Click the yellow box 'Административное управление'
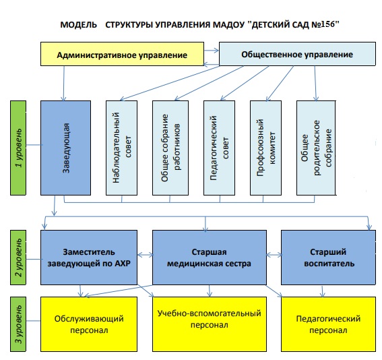pyautogui.click(x=122, y=54)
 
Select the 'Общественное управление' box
pyautogui.click(x=297, y=54)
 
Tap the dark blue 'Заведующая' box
pyautogui.click(x=65, y=148)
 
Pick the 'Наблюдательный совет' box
pyautogui.click(x=121, y=148)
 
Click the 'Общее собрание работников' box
pyautogui.click(x=170, y=148)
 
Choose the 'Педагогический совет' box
pyautogui.click(x=219, y=148)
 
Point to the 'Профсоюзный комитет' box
pyautogui.click(x=266, y=148)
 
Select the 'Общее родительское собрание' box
pyautogui.click(x=316, y=148)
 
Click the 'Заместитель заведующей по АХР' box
pyautogui.click(x=89, y=258)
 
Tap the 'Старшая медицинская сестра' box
pyautogui.click(x=210, y=258)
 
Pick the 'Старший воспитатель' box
pyautogui.click(x=328, y=258)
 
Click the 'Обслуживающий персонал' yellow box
pyautogui.click(x=89, y=324)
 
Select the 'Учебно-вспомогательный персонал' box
pyautogui.click(x=210, y=324)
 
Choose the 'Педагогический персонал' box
pyautogui.click(x=328, y=324)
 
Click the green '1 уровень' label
pyautogui.click(x=18, y=148)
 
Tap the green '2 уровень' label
pyautogui.click(x=18, y=258)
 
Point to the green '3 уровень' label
pyautogui.click(x=18, y=324)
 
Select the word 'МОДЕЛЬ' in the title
pyautogui.click(x=78, y=25)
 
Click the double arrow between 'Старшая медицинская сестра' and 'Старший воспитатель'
pyautogui.click(x=274, y=256)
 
